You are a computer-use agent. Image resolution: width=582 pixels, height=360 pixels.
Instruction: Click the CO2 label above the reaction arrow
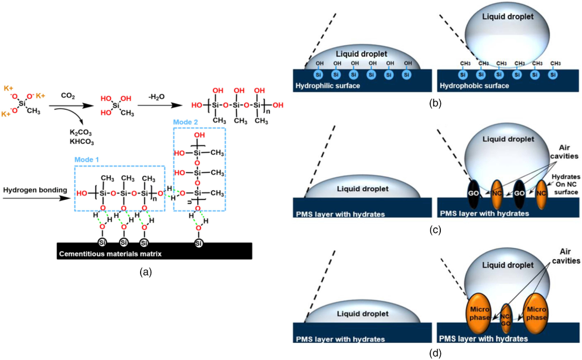click(68, 96)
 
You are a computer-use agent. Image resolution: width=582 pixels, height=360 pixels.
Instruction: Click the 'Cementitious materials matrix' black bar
click(161, 253)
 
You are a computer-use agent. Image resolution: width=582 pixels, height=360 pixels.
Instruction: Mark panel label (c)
click(434, 230)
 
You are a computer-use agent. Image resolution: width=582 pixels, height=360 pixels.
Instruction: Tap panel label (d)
click(434, 354)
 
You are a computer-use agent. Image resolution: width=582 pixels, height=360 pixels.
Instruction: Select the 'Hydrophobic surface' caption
click(474, 86)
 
